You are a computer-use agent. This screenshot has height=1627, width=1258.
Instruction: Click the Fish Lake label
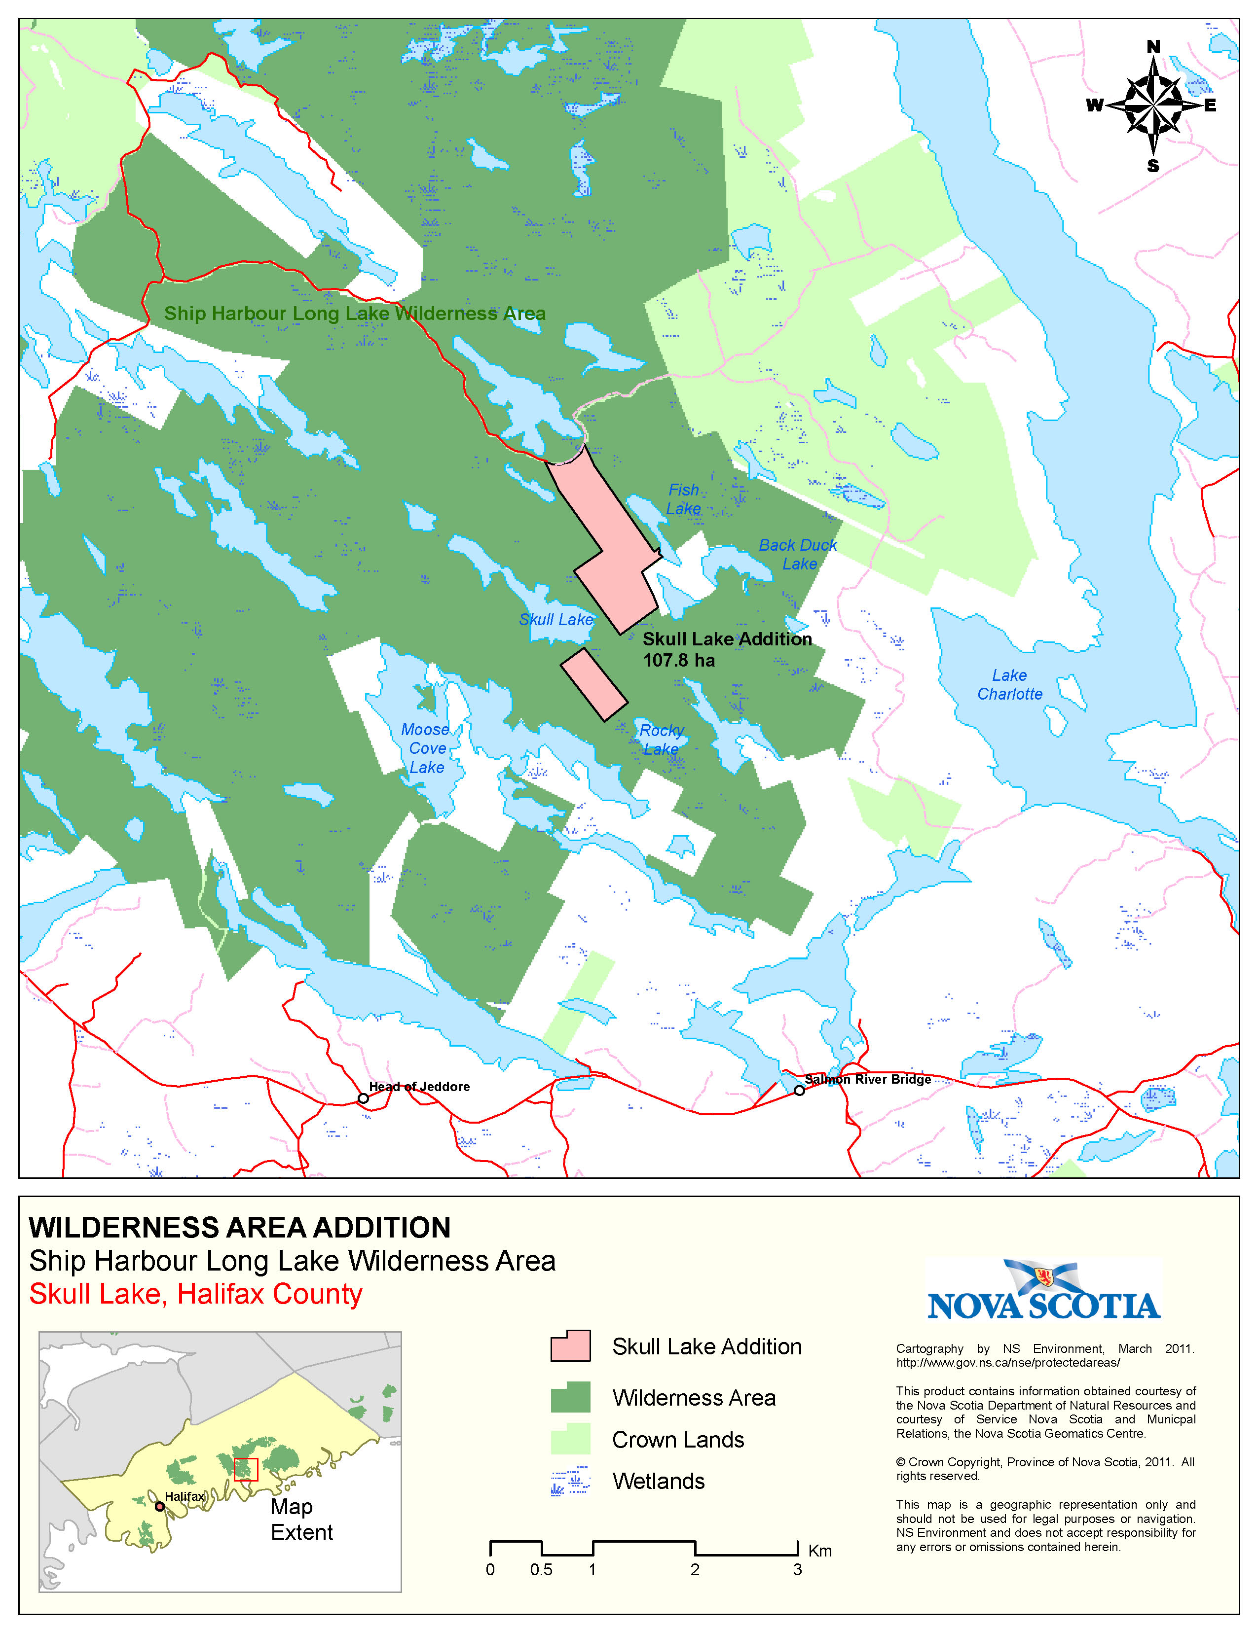pos(683,499)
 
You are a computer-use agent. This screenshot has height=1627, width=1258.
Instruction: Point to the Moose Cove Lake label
pos(426,748)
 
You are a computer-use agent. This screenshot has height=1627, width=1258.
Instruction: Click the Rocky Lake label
pos(661,740)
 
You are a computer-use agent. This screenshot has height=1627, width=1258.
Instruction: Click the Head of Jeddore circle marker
pos(363,1098)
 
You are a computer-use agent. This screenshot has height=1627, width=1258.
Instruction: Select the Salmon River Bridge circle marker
pos(799,1091)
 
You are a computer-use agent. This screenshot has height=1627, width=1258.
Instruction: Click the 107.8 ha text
pos(678,661)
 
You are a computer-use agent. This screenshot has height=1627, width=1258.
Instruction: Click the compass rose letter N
pos(1153,47)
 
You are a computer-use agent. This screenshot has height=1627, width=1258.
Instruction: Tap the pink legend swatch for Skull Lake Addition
pos(570,1347)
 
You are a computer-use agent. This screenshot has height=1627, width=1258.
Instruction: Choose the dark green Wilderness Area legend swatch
pos(570,1398)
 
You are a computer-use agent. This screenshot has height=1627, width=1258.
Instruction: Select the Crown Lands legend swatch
pos(570,1439)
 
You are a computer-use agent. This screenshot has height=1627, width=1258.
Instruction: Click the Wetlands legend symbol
pos(570,1482)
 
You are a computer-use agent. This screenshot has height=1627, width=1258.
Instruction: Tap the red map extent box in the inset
pos(246,1470)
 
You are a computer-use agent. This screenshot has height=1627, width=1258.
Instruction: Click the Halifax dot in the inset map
pos(159,1506)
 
